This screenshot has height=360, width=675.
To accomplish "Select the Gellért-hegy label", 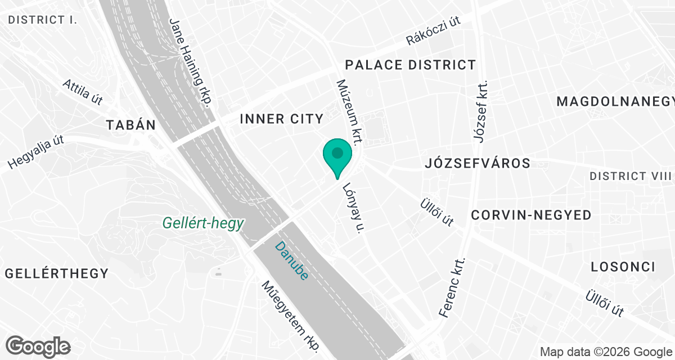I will [x=203, y=223].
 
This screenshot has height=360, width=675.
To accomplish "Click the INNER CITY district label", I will [x=281, y=119].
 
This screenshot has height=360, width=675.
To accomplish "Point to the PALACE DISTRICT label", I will [x=411, y=65].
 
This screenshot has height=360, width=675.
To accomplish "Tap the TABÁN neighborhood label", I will [x=130, y=125].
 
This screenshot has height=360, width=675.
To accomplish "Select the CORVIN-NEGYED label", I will [x=531, y=215].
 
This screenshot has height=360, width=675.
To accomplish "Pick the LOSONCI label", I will [x=623, y=267].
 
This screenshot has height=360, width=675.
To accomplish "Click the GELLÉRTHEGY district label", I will [x=56, y=274].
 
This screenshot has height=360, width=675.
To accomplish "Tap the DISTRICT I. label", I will [x=43, y=20].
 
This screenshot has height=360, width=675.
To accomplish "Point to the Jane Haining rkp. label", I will [x=191, y=62].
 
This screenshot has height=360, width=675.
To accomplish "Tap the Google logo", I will [x=39, y=345].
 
